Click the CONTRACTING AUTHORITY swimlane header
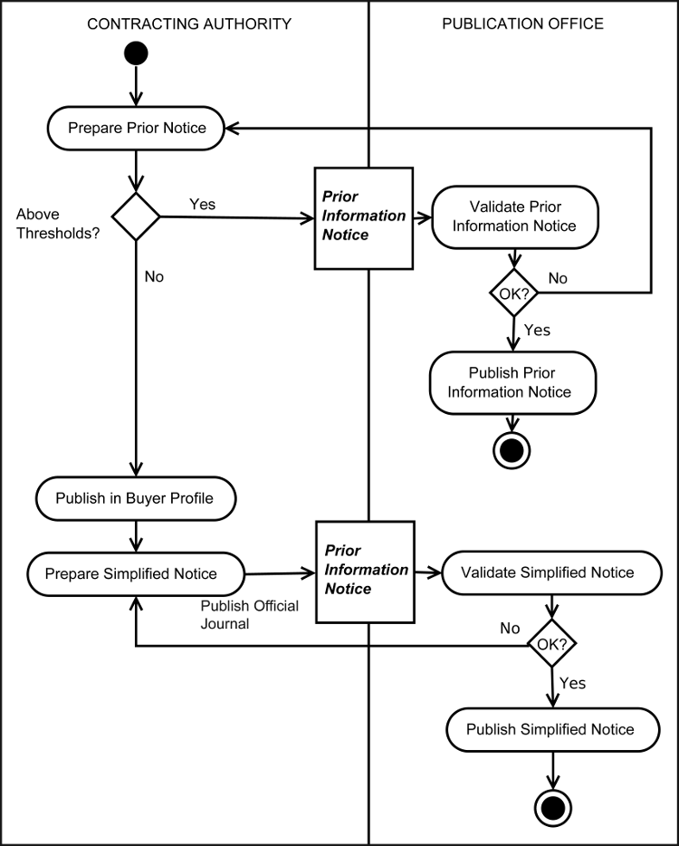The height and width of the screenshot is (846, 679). [x=189, y=24]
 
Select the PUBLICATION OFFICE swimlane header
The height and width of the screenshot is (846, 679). [x=522, y=24]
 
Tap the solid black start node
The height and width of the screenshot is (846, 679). [x=135, y=53]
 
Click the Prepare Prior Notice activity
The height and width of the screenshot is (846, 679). [x=135, y=128]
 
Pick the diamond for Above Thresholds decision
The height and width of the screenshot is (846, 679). [x=135, y=216]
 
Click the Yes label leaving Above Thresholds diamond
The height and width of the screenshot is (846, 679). [x=202, y=204]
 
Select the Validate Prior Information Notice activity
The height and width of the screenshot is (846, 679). [x=514, y=216]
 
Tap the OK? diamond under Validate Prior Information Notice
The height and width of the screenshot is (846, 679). [x=514, y=293]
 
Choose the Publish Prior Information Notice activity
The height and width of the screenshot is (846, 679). [x=513, y=382]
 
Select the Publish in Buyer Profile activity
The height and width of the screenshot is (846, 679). [x=136, y=497]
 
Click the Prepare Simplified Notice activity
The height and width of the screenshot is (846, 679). [x=135, y=573]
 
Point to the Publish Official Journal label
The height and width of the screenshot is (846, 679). [x=249, y=614]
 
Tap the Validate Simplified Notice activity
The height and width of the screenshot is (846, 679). [x=548, y=572]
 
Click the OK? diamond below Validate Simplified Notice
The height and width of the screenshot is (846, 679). [x=552, y=645]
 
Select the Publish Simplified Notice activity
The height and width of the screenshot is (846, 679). [x=550, y=729]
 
